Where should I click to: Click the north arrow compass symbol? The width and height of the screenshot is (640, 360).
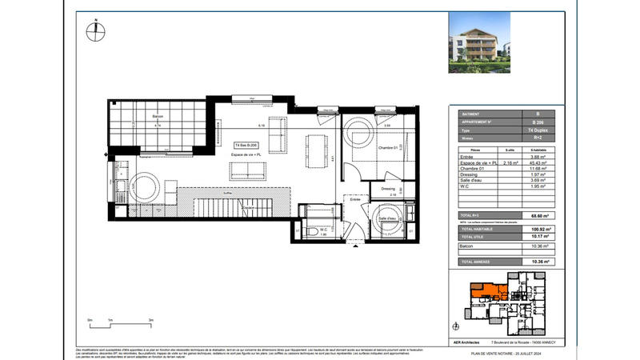(x=94, y=32)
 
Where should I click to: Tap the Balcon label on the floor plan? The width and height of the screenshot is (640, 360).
(x=157, y=116)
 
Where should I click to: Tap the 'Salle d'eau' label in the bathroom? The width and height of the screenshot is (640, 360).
(x=388, y=218)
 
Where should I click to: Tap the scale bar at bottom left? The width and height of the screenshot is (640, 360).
(x=120, y=323)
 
